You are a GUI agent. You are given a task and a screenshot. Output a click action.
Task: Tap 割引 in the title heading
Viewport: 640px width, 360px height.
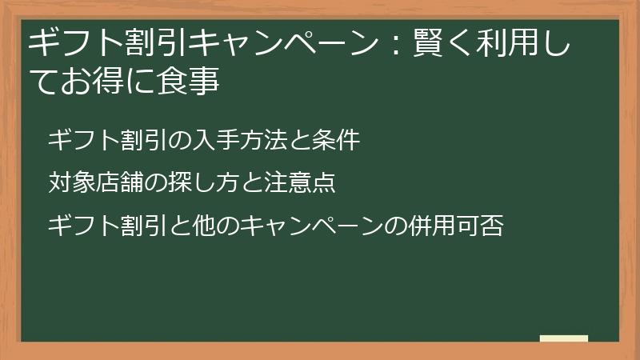coord(146,43)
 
